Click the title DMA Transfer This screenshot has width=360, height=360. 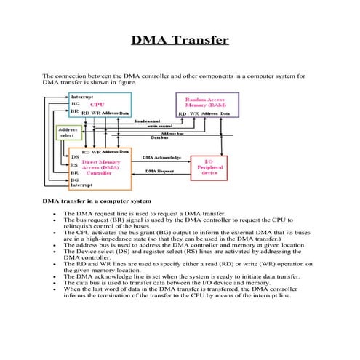point(180,39)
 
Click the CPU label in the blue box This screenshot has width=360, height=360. point(97,105)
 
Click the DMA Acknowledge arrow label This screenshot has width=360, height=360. point(162,157)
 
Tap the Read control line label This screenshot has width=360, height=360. point(148,121)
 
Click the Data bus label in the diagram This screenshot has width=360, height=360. point(160,137)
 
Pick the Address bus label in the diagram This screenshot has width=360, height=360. point(172,132)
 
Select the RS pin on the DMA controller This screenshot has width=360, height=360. point(75,164)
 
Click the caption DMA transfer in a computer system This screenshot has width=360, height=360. point(97,201)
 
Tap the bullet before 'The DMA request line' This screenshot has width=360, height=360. point(55,214)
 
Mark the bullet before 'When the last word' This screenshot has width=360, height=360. point(55,289)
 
